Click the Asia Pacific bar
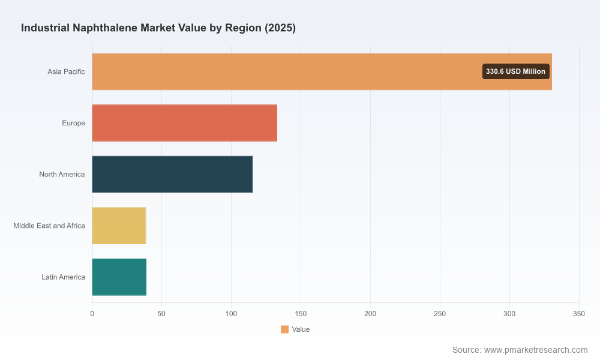pos(322,71)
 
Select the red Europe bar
pos(184,123)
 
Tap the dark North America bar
pos(172,174)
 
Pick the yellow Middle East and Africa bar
pos(119,226)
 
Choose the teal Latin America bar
pos(119,277)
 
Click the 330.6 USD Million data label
pos(515,71)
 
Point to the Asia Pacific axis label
pos(66,71)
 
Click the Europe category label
pos(73,123)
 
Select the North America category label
pos(62,175)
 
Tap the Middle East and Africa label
pos(49,226)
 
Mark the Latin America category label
pos(63,277)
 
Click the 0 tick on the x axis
pos(92,314)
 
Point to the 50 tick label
pos(161,314)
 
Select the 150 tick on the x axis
pos(301,314)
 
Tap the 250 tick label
pos(440,314)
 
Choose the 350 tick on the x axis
pos(579,314)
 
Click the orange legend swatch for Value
pos(284,329)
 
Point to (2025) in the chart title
pos(280,28)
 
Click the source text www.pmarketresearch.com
pos(536,350)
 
